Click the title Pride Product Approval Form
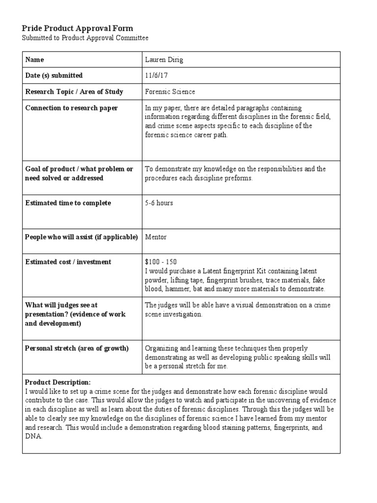[78, 28]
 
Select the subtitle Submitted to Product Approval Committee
[85, 38]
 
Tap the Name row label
[34, 60]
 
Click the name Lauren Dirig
[164, 60]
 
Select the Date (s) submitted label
[54, 76]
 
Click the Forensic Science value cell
[170, 92]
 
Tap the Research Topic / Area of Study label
[74, 92]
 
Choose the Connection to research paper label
[71, 108]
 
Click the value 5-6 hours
[159, 203]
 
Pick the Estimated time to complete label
[68, 203]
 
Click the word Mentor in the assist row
[156, 237]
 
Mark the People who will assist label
[81, 237]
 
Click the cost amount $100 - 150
[162, 262]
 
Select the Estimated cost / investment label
[68, 262]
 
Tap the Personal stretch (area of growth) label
[77, 348]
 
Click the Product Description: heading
[57, 382]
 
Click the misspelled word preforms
[239, 178]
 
